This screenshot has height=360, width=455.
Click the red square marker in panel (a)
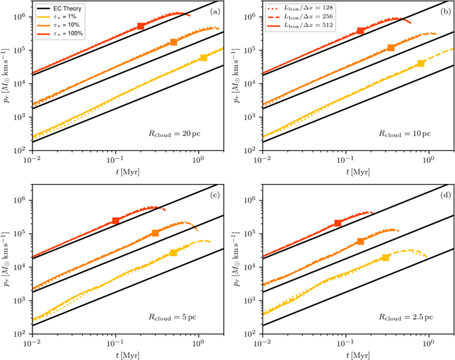coord(140,26)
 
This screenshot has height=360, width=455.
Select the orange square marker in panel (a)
coord(174,42)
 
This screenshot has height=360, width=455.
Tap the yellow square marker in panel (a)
coord(204,58)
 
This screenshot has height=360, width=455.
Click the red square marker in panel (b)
coord(360,30)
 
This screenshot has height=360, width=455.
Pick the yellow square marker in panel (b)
coord(421,64)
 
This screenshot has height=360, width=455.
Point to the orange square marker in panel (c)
coord(155,233)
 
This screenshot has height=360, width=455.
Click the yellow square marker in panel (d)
coord(385,257)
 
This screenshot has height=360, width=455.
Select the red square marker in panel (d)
coord(338,223)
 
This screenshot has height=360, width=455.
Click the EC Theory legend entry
coord(60,9)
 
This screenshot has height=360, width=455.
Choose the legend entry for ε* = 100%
coord(60,34)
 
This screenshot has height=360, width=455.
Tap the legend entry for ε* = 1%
coord(57,17)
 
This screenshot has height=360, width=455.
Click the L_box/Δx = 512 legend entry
coord(300,26)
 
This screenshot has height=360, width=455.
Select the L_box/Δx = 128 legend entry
coord(300,8)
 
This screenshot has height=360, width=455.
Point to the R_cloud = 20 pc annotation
coord(174,134)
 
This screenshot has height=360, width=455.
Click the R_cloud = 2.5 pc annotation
coord(406,318)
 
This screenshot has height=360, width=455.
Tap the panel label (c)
coord(215,195)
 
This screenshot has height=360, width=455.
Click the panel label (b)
coord(446,12)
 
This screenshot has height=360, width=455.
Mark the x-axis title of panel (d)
coord(358,355)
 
